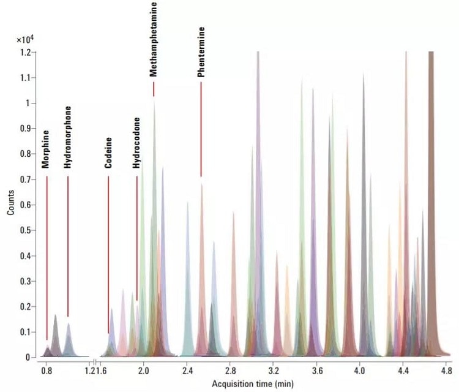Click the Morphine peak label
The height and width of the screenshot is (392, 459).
pyautogui.click(x=45, y=149)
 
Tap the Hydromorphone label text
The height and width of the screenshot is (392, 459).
pyautogui.click(x=67, y=138)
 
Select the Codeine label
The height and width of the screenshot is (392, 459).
pyautogui.click(x=108, y=153)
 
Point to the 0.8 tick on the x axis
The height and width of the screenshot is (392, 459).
pyautogui.click(x=46, y=371)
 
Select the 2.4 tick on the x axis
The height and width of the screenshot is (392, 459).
pyautogui.click(x=187, y=371)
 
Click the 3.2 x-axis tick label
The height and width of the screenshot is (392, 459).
pyautogui.click(x=274, y=371)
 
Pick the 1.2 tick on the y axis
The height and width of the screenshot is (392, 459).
pyautogui.click(x=24, y=53)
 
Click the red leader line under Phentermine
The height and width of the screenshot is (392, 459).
pyautogui.click(x=201, y=129)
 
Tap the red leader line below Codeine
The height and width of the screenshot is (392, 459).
pyautogui.click(x=108, y=254)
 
